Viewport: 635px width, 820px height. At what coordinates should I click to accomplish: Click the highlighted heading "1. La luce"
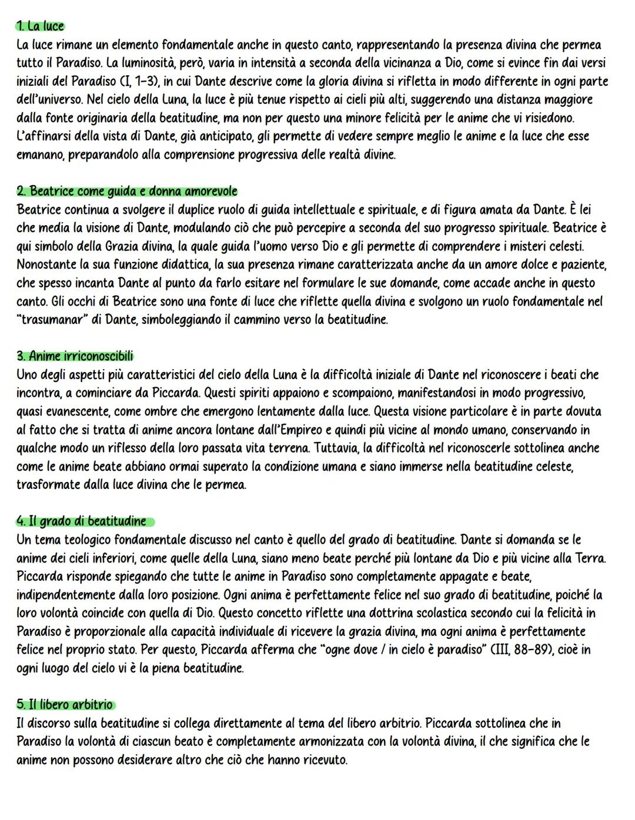40,26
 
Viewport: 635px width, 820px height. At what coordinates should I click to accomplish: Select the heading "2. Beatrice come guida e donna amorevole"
127,192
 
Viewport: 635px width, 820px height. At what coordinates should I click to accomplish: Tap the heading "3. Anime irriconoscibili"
75,356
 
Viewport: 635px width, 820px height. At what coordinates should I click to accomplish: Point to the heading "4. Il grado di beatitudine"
82,521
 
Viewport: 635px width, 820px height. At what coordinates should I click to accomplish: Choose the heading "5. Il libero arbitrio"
65,704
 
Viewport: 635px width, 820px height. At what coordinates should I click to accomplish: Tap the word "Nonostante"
46,265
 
